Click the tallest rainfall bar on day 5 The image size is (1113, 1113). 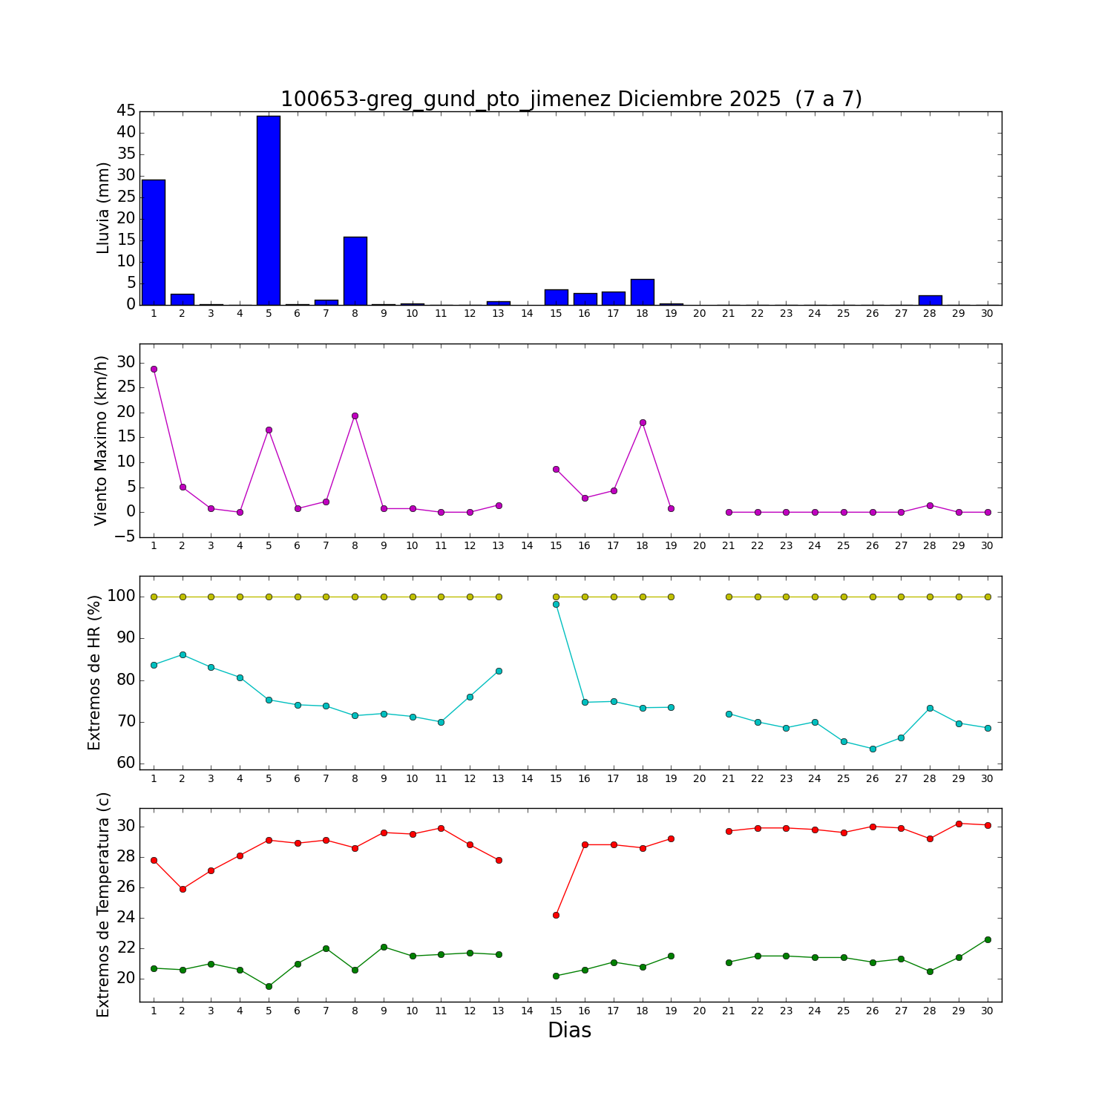coord(269,211)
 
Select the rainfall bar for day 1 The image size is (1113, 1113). coord(154,243)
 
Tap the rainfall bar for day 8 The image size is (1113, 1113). coord(355,271)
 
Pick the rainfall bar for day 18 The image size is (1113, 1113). coord(643,292)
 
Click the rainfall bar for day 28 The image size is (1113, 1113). coord(930,301)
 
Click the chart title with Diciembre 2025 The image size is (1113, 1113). coord(571,99)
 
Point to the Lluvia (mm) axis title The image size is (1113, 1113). coord(103,208)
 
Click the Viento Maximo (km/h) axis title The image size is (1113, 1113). coord(102,440)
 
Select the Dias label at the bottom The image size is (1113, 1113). coord(569,1031)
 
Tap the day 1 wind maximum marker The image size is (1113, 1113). coord(154,369)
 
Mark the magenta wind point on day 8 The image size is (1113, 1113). coord(355,416)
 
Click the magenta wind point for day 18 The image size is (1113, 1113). coord(643,422)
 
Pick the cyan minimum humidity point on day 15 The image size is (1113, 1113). coord(556,604)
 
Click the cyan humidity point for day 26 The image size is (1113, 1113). coord(873,749)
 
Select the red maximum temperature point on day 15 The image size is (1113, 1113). coord(556,915)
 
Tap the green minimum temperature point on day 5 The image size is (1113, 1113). coord(269,986)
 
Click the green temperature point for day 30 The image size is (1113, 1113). coord(988,939)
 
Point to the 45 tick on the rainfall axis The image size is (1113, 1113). coord(126,111)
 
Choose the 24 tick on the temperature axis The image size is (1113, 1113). coord(126,918)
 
